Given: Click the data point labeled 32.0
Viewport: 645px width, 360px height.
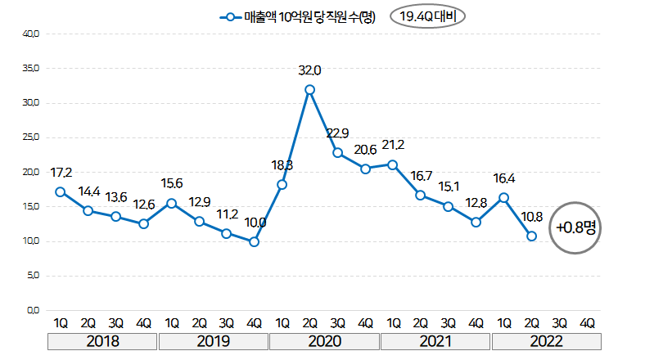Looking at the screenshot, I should tap(309, 89).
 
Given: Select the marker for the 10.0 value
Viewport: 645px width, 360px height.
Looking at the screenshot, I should tap(254, 241).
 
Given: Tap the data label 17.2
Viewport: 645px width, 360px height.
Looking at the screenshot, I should tap(61, 173).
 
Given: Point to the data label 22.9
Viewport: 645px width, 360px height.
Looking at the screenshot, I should tap(337, 133).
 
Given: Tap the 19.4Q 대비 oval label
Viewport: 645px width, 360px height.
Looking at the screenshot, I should tap(427, 17).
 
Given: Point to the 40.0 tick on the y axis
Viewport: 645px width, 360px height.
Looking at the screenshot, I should tap(33, 34).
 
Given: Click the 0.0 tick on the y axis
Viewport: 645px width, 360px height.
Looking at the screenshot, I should tap(33, 310).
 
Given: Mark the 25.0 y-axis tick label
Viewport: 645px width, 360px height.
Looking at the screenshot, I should tap(33, 137).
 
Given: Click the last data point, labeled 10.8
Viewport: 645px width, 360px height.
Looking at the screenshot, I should tap(531, 236).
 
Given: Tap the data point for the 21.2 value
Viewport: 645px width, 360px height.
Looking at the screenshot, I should tap(393, 164).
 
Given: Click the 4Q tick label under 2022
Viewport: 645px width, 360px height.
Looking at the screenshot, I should tap(587, 322).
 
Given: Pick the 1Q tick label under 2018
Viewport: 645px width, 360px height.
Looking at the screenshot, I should tap(61, 322).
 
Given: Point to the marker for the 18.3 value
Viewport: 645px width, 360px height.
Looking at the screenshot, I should tap(282, 184).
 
